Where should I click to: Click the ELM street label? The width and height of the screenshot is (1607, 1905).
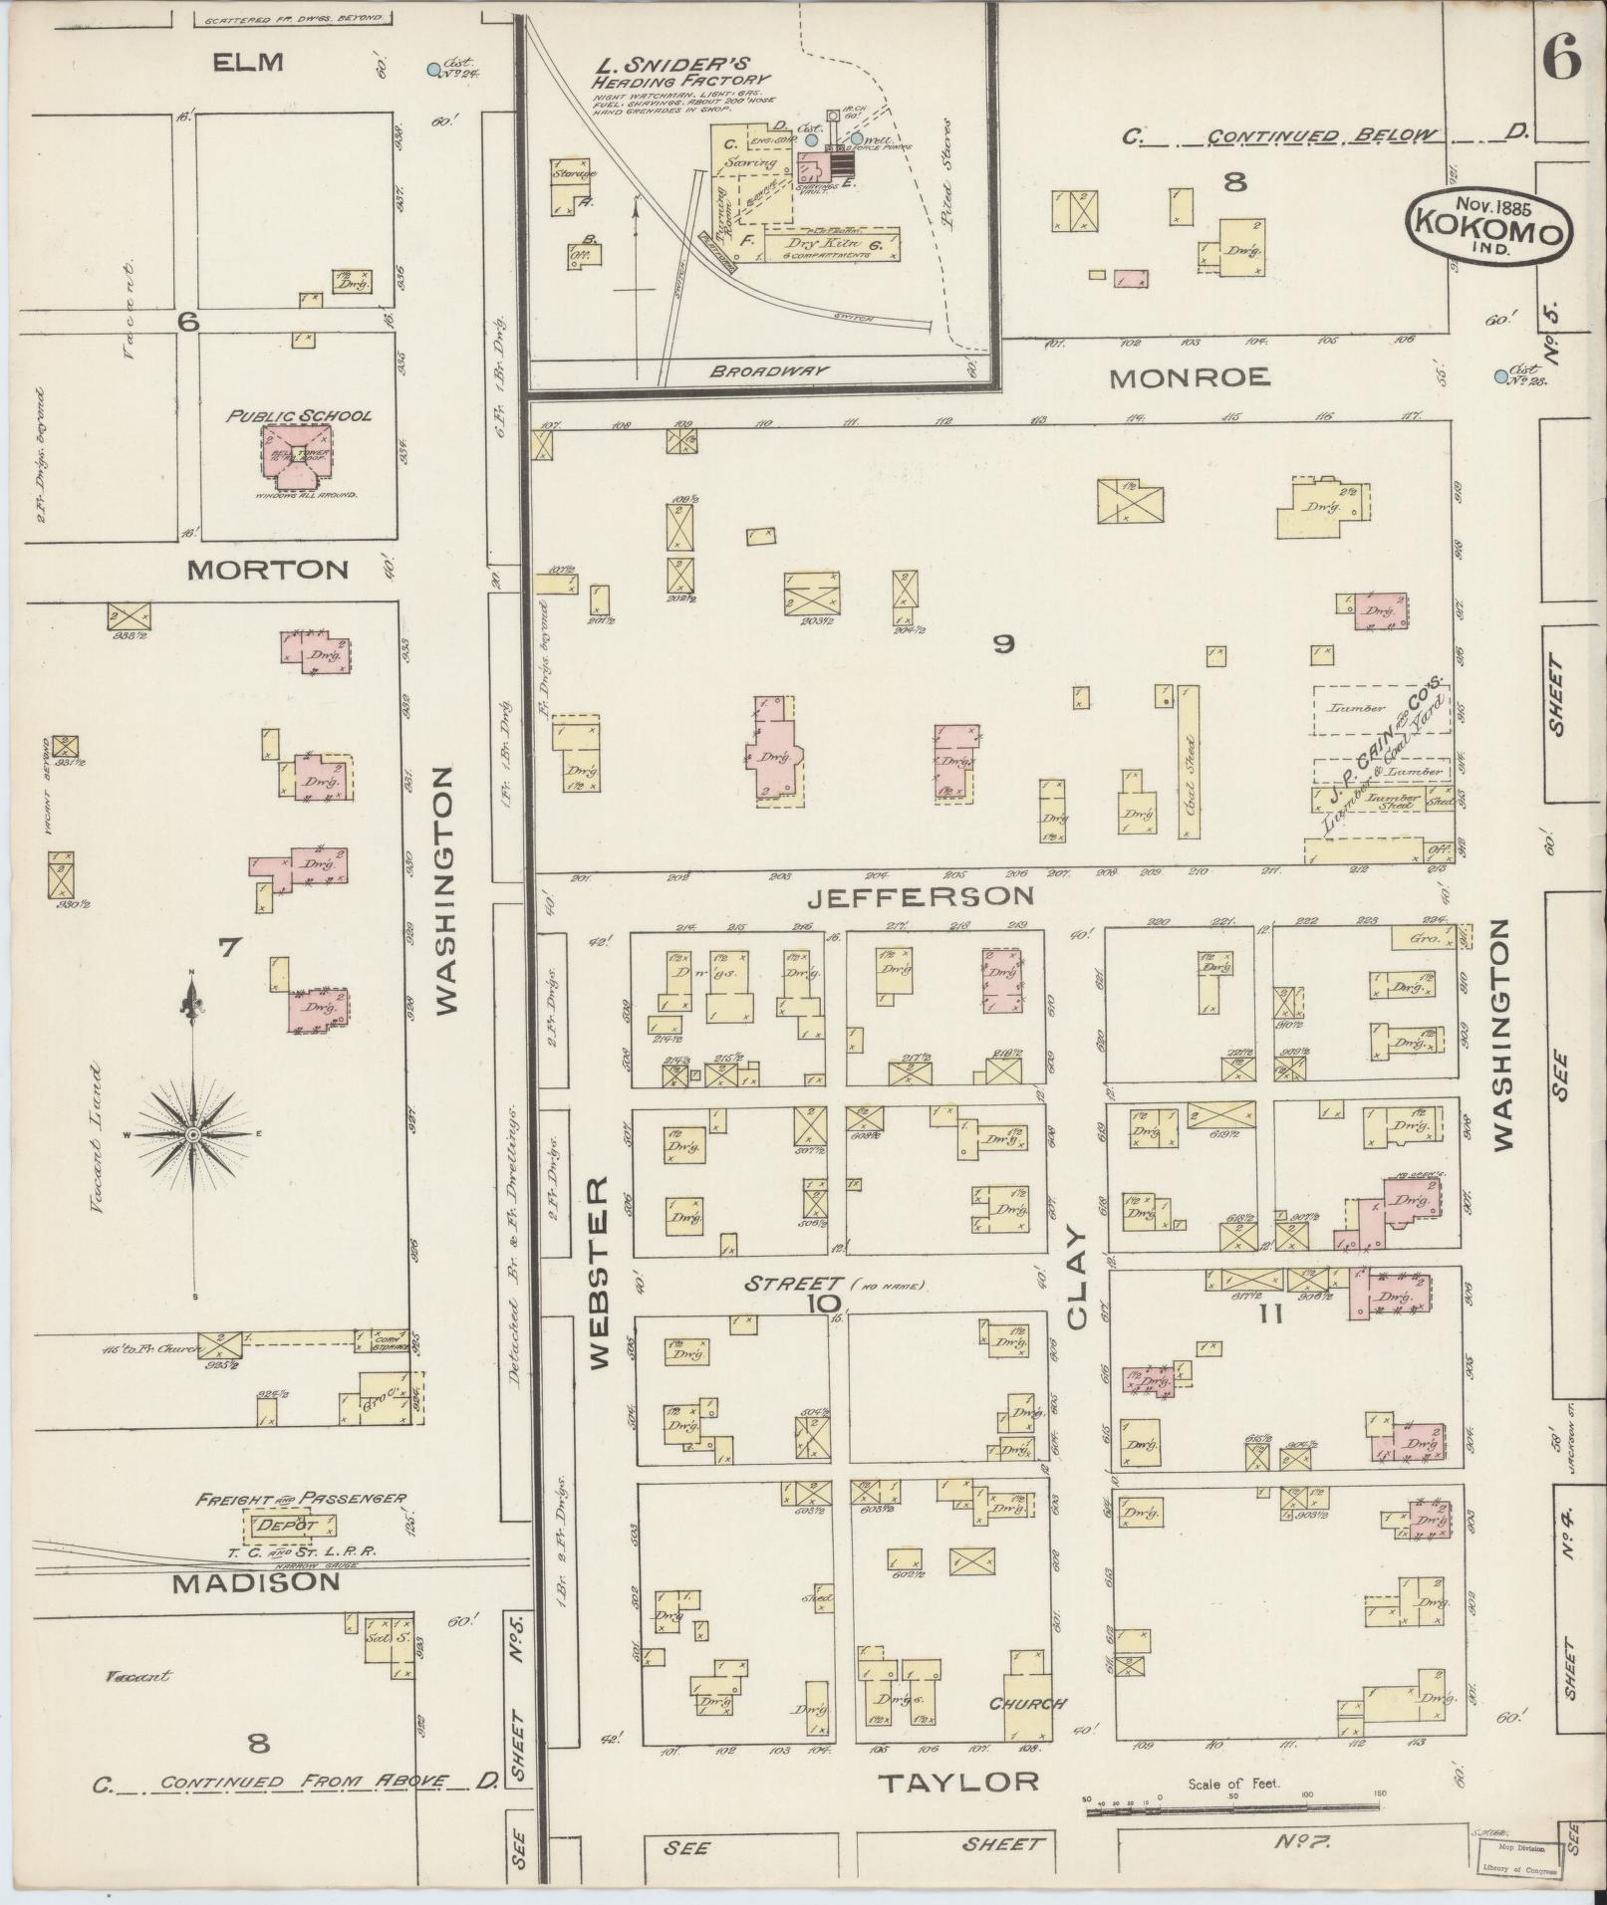(x=248, y=62)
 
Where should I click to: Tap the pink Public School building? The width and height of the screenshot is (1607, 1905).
(x=294, y=455)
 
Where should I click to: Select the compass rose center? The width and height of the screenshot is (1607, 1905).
(x=194, y=1135)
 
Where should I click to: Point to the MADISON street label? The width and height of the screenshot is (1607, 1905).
(x=256, y=1583)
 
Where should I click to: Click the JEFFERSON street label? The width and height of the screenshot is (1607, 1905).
(x=920, y=897)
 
